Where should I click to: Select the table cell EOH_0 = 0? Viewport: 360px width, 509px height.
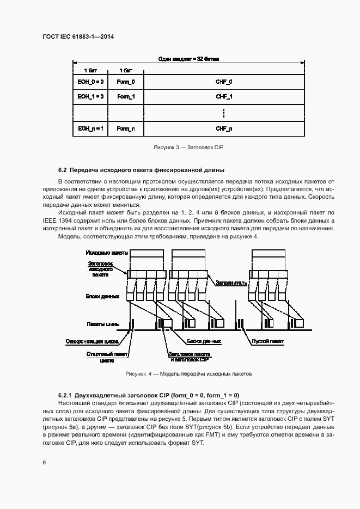tap(90, 82)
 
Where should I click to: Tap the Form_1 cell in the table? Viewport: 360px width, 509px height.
tap(126, 96)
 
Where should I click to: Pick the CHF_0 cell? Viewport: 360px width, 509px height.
tap(224, 82)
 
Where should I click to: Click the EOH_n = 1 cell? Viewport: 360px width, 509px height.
tap(90, 129)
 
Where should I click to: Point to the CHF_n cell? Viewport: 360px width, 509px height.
tap(224, 129)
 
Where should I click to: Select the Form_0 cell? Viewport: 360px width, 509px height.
tap(126, 82)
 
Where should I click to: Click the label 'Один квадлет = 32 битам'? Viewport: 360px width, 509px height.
tap(188, 59)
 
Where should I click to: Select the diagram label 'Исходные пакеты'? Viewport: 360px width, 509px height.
tap(107, 253)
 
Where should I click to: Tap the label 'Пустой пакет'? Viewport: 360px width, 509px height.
tap(267, 342)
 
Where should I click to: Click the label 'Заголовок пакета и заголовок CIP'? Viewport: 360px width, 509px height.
tap(189, 357)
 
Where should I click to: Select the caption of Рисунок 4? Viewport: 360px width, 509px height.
tap(188, 374)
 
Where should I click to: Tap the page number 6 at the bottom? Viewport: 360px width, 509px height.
tap(44, 462)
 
